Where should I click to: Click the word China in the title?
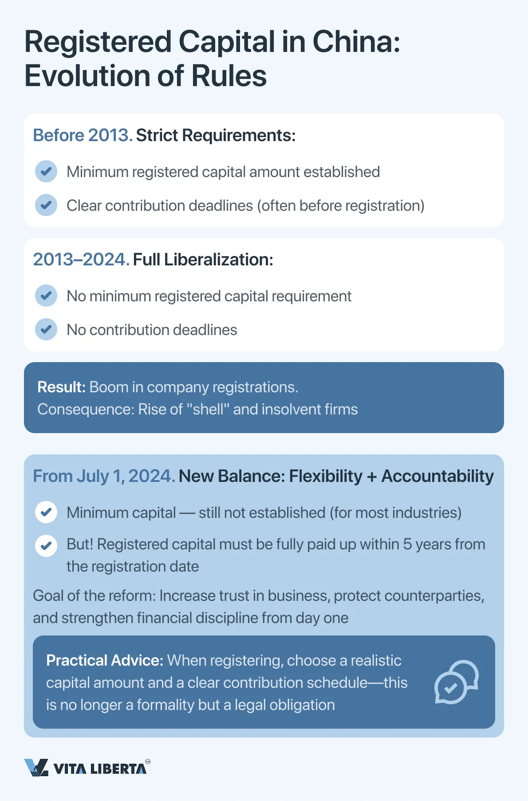pos(356,42)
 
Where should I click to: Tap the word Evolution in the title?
pos(87,76)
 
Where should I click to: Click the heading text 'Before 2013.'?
pos(83,135)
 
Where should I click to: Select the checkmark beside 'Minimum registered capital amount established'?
pos(46,172)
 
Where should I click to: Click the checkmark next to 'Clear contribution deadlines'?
pos(46,205)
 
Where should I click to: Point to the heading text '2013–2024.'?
pos(81,260)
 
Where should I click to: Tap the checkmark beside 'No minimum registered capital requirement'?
pos(46,296)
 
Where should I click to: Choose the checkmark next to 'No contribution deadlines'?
pos(46,330)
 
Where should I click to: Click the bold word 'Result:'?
pos(61,387)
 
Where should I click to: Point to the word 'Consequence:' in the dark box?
pos(86,410)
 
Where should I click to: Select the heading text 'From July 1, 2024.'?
pos(104,476)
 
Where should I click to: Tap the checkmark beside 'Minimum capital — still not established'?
pos(46,513)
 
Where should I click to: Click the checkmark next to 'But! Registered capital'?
pos(46,546)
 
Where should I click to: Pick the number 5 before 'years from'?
pos(407,545)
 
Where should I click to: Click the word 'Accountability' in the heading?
pos(437,476)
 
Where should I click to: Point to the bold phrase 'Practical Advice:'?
pos(105,661)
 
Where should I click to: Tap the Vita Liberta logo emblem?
pos(36,767)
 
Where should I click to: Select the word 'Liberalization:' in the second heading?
pos(218,260)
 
